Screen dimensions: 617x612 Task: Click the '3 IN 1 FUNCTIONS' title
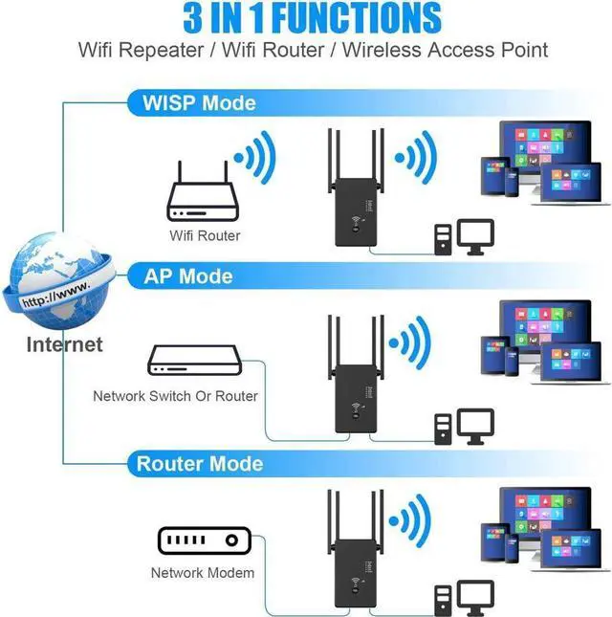point(307,18)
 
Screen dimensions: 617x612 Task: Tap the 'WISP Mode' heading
point(198,102)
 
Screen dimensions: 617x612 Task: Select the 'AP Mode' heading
point(188,276)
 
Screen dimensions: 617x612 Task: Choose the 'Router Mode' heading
point(200,464)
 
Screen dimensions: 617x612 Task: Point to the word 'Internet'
point(64,344)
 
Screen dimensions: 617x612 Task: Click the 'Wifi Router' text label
point(205,235)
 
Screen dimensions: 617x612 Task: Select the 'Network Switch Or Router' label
point(175,395)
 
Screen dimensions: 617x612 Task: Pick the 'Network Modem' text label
point(203,573)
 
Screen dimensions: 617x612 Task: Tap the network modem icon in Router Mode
point(203,540)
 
